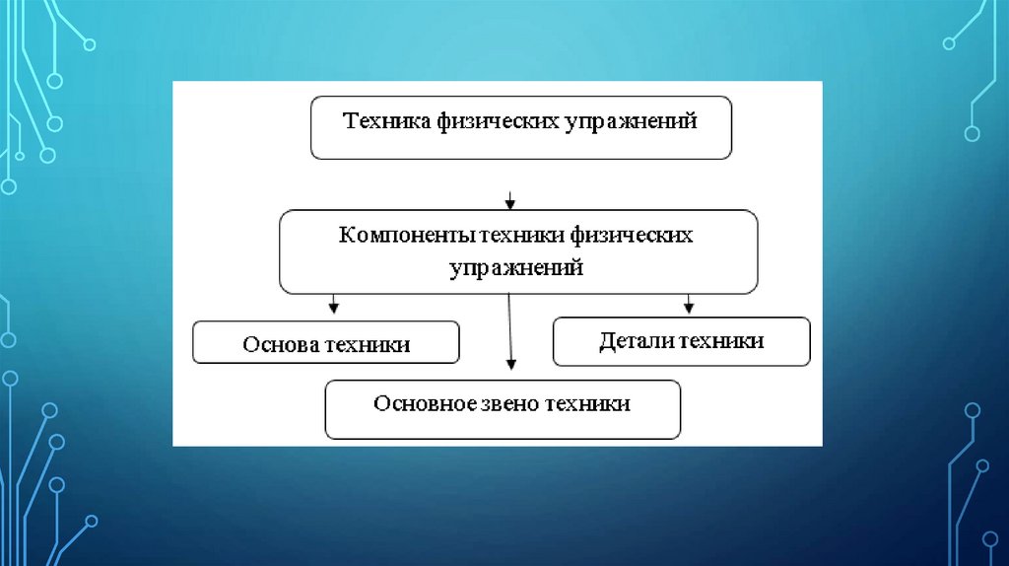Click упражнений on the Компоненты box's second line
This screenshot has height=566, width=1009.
(x=517, y=267)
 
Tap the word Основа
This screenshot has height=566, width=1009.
(x=279, y=345)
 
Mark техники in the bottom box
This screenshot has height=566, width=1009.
(x=589, y=403)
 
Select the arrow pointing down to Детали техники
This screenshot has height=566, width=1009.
(x=689, y=303)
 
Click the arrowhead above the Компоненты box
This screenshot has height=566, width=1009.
(x=509, y=203)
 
